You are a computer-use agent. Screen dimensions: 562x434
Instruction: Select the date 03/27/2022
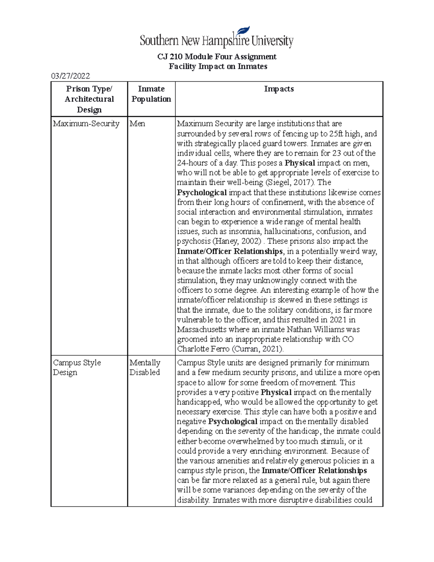[x=71, y=76]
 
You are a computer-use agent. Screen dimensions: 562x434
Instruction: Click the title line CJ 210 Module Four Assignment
[x=217, y=57]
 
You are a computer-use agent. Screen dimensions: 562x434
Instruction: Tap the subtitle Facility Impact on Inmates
[x=218, y=67]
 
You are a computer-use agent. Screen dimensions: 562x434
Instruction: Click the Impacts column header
[x=278, y=89]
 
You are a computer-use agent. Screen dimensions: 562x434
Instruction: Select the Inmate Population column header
[x=151, y=94]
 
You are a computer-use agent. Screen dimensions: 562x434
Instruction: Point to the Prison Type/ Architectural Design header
[x=89, y=99]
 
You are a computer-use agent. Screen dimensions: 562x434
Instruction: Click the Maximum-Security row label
[x=86, y=124]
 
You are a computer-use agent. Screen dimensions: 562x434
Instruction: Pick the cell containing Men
[x=137, y=124]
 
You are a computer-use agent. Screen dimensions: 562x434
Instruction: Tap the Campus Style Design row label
[x=77, y=367]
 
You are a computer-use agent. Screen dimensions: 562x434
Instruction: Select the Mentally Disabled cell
[x=145, y=367]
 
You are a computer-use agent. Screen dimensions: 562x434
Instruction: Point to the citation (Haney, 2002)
[x=237, y=241]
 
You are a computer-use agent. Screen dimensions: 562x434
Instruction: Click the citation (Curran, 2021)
[x=258, y=349]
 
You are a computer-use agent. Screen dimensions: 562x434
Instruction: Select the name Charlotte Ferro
[x=203, y=349]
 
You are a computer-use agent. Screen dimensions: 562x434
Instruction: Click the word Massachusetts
[x=202, y=330]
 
